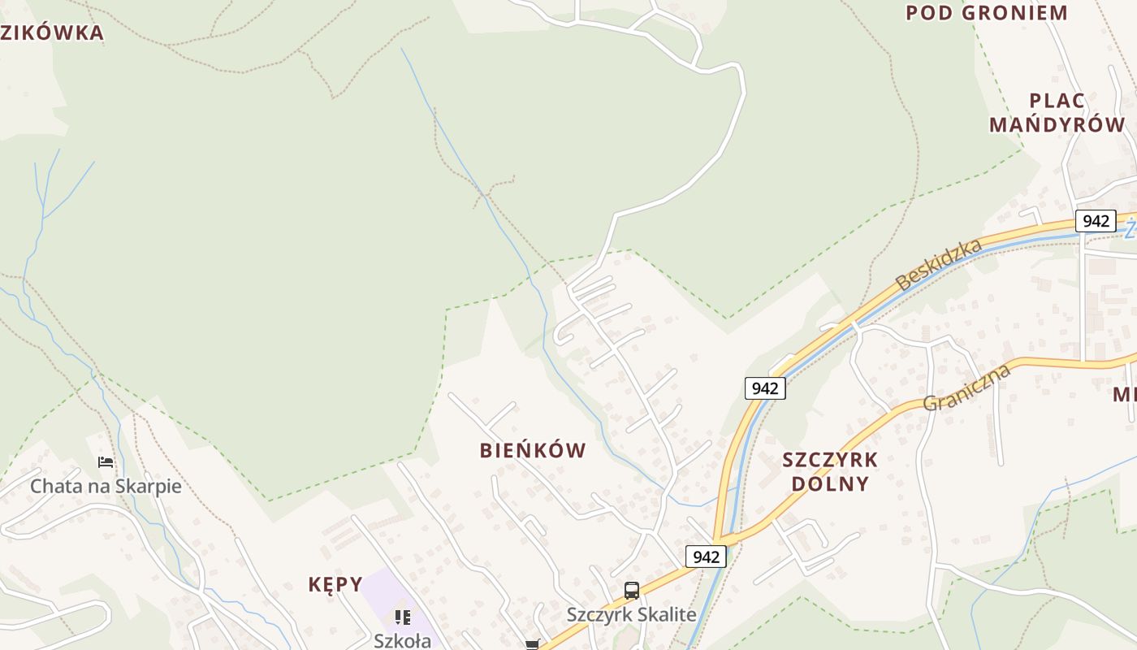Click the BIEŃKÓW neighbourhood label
coord(533,450)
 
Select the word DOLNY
coord(830,483)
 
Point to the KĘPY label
coord(335,584)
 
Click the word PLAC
coord(1057,101)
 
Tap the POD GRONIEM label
coord(986,12)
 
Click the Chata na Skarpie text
coord(106,486)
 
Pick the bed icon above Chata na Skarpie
coord(106,462)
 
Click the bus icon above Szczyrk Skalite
coord(632,591)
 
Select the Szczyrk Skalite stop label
coord(632,614)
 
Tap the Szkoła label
coord(402,640)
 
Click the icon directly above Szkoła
coord(402,617)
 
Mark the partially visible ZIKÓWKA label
coord(52,33)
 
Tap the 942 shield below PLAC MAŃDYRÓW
coord(1096,221)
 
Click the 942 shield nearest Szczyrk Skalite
coord(706,557)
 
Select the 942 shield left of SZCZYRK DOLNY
coord(765,388)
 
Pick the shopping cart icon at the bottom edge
coord(532,644)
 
